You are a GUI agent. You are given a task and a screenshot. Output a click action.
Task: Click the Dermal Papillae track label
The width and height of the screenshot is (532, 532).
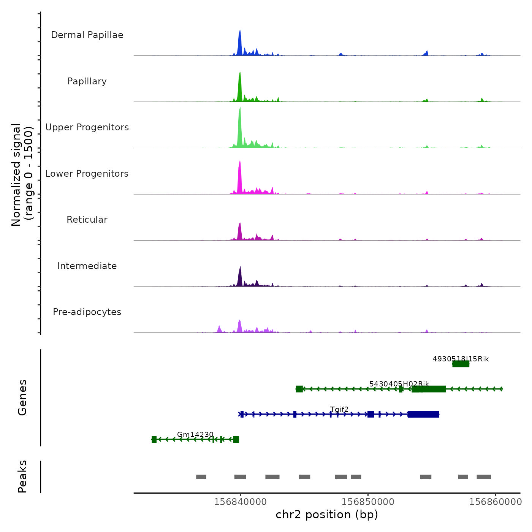click(x=87, y=35)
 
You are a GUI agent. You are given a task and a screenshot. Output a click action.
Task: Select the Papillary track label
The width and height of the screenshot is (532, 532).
click(x=87, y=81)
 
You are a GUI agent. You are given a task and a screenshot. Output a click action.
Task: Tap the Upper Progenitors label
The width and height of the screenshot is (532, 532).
click(x=87, y=127)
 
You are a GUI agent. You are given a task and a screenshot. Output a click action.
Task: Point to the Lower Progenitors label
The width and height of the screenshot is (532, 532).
click(x=87, y=174)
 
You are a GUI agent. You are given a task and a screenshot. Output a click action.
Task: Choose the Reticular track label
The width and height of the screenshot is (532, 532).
click(x=87, y=220)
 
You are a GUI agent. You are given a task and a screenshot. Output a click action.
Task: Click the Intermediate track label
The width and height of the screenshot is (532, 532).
click(x=87, y=266)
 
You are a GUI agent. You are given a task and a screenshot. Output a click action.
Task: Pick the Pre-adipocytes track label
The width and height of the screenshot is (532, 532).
click(x=87, y=312)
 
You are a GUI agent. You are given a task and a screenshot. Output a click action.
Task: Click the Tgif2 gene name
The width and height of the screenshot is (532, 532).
click(x=339, y=409)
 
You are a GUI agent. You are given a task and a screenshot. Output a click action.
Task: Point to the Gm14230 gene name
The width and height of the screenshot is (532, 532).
click(x=195, y=434)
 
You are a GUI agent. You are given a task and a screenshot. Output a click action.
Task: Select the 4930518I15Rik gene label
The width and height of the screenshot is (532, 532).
click(x=461, y=359)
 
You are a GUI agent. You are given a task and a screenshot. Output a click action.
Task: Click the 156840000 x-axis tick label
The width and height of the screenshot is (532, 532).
click(x=241, y=502)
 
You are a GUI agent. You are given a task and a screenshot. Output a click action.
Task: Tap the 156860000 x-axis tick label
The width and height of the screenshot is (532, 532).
click(x=496, y=502)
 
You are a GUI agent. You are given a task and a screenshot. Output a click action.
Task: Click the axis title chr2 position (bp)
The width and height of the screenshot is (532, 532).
click(x=327, y=515)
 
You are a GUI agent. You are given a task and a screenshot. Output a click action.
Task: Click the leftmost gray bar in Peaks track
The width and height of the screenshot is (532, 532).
click(x=201, y=477)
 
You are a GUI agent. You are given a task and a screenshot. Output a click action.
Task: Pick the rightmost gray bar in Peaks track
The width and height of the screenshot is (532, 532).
click(x=484, y=477)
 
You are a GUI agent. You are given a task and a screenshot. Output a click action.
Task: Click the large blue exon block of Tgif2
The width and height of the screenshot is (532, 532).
click(x=423, y=414)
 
